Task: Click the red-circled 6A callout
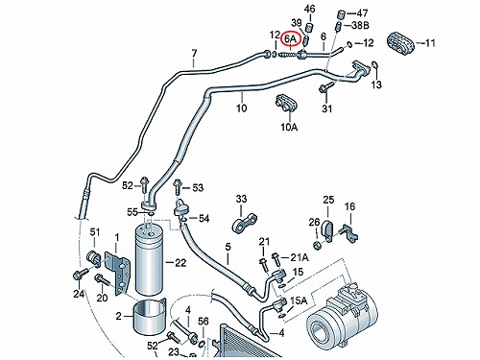click(290, 40)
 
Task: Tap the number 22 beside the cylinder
click(180, 263)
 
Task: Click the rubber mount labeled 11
click(401, 43)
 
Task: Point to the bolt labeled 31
click(325, 87)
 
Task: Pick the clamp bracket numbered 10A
click(286, 103)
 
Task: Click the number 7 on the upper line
click(194, 54)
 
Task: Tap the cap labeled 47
click(343, 14)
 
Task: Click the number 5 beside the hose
click(228, 247)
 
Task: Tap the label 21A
click(300, 257)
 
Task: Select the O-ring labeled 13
click(374, 65)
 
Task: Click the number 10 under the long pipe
click(242, 108)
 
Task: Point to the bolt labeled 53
click(178, 187)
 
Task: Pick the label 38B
click(360, 25)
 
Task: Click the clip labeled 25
click(326, 228)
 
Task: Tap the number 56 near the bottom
click(204, 322)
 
